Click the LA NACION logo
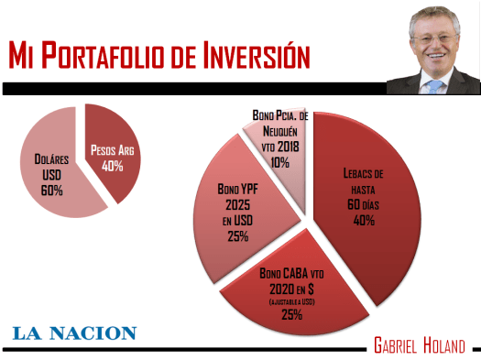(74, 333)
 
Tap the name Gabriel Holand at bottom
(419, 344)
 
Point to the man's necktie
(434, 86)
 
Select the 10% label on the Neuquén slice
(279, 162)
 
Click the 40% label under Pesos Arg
(112, 167)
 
